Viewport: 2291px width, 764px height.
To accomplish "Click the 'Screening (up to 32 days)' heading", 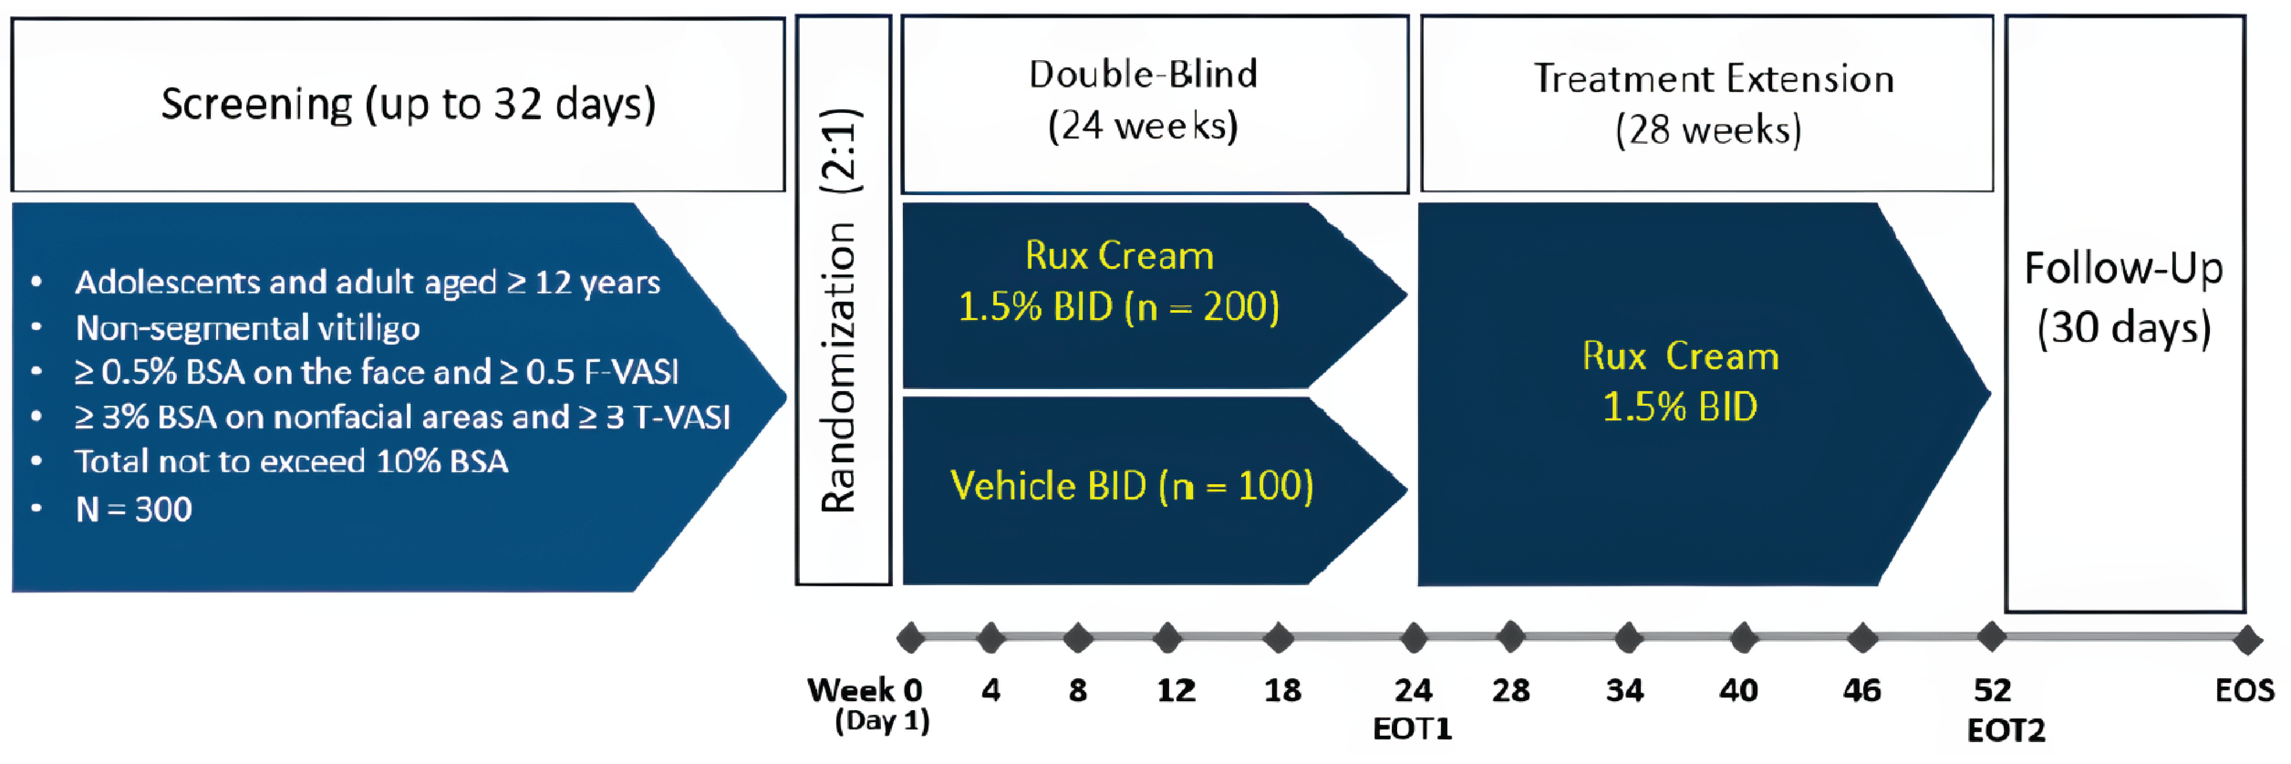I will click(408, 104).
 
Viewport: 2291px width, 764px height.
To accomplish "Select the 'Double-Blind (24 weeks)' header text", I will click(1144, 99).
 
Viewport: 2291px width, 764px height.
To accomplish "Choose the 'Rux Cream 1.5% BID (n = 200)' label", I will click(1119, 281).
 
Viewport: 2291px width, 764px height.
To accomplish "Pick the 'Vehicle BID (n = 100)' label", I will click(1131, 486).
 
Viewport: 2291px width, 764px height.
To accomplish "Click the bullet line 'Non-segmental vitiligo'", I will click(247, 328).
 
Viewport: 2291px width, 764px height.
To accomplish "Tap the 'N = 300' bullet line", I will click(133, 509).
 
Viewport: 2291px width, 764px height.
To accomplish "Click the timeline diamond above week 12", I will click(1167, 637).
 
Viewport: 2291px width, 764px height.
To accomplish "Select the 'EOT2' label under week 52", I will click(2005, 731).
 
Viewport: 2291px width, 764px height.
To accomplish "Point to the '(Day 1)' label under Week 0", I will click(881, 721).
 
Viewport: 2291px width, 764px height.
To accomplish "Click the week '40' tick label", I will click(1738, 690).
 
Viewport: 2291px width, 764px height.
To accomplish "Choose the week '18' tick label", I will click(1283, 690).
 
